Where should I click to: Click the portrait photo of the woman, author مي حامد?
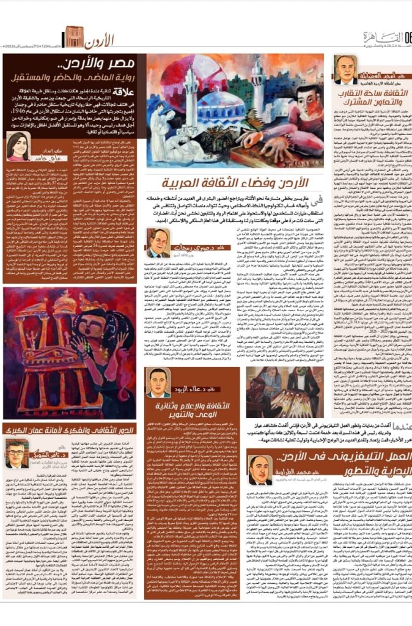(18, 145)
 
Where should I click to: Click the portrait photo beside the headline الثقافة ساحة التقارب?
(346, 69)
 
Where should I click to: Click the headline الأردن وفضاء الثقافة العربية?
(234, 184)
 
